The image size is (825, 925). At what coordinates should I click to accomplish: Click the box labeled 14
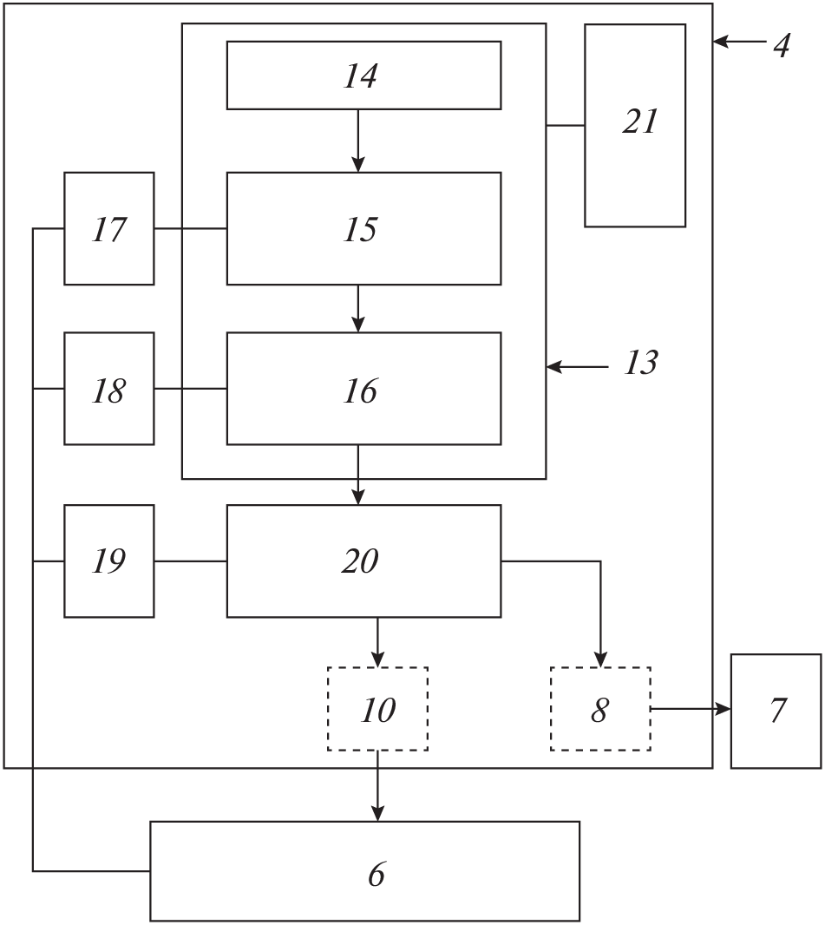[363, 75]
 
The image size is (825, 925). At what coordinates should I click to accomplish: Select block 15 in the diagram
[363, 228]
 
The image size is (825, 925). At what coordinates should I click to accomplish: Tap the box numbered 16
[363, 389]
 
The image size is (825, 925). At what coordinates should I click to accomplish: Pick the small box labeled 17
[109, 228]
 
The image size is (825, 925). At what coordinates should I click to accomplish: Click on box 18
[109, 389]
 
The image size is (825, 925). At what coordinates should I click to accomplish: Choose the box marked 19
[109, 561]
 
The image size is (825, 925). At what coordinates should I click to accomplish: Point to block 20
[363, 561]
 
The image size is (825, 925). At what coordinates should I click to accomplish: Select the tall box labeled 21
[635, 125]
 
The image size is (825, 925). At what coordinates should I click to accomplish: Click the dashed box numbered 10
[377, 709]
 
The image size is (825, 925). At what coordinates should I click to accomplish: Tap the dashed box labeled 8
[600, 709]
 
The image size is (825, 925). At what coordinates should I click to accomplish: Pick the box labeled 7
[776, 711]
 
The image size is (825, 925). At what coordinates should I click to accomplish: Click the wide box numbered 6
[364, 871]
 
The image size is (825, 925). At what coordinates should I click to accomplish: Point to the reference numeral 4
[782, 43]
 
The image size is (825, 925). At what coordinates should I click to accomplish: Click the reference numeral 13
[641, 363]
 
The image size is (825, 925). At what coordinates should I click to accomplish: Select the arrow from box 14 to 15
[358, 141]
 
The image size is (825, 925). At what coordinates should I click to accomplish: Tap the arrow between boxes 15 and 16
[358, 308]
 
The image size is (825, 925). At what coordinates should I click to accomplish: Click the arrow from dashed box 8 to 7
[691, 709]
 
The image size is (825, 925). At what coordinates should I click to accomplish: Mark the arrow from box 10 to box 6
[377, 785]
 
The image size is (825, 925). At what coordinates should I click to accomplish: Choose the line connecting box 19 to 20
[191, 561]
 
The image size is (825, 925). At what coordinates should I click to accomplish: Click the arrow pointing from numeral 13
[578, 368]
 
